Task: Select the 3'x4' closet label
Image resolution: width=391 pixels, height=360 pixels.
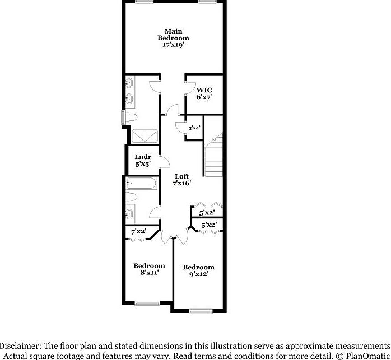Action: (194, 128)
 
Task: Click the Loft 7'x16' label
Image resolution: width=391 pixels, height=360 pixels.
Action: (182, 180)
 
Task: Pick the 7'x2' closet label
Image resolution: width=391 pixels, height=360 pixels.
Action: (138, 231)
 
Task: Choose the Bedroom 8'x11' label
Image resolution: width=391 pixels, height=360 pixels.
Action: (149, 269)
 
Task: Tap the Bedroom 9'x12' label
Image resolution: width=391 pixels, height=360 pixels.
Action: (199, 271)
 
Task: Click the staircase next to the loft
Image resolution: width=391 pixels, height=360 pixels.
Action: (213, 154)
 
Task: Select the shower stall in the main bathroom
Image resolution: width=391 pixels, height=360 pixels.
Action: (145, 135)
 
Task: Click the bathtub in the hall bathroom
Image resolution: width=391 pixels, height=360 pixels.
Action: (143, 184)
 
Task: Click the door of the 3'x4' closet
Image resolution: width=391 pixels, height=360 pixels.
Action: (180, 128)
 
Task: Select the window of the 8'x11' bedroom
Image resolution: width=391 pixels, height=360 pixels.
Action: (147, 303)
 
